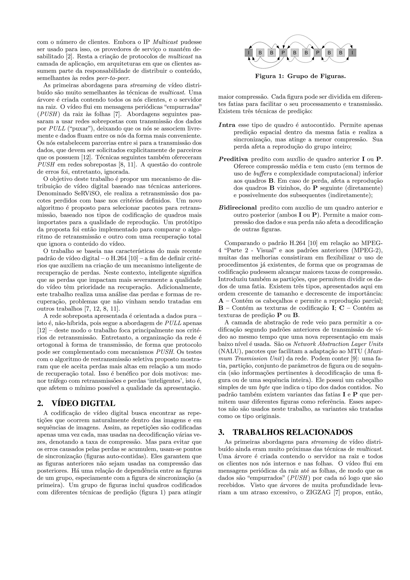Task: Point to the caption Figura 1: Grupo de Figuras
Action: pos(300,76)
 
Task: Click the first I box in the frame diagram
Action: pos(249,53)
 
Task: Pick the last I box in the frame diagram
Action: pos(352,53)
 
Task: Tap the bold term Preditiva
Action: pos(233,159)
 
